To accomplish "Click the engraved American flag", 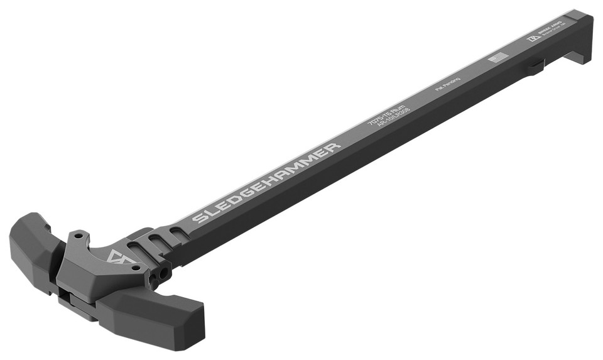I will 497,58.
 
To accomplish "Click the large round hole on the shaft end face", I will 165,272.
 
